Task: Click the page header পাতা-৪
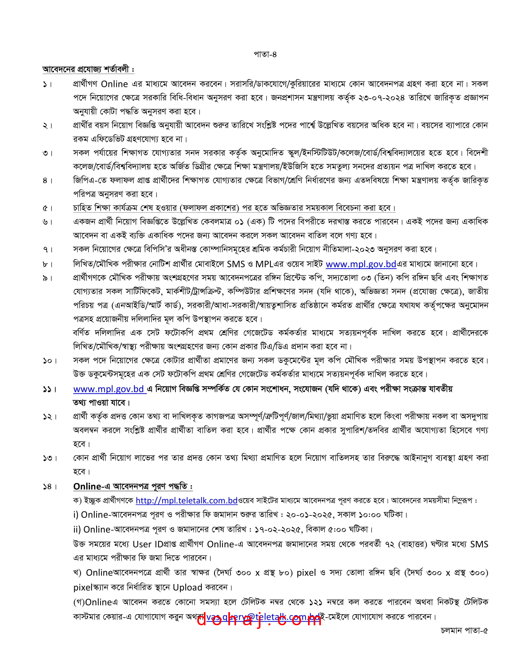coord(265,54)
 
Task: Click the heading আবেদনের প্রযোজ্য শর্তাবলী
coord(88,69)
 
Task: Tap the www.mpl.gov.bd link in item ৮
coord(361,264)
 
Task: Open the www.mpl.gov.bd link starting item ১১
coord(109,389)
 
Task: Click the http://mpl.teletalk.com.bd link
coord(187,501)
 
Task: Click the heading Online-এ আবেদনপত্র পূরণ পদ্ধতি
coord(133,486)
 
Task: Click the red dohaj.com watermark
coord(259,619)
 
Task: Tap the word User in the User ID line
coord(142,544)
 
